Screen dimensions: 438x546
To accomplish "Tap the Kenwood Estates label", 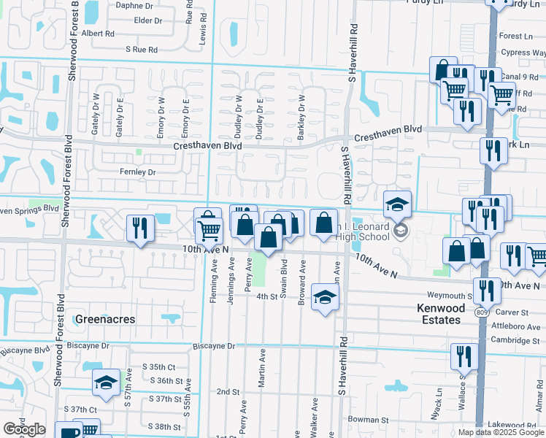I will [440, 314].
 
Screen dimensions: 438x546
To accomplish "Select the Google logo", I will [24, 429].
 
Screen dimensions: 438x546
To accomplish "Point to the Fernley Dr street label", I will [138, 172].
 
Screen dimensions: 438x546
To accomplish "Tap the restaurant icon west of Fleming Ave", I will [139, 228].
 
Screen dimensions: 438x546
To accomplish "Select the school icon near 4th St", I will [325, 296].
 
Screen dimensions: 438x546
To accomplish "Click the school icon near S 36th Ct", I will [106, 383].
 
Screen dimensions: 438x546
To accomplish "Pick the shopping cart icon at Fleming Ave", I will [210, 231].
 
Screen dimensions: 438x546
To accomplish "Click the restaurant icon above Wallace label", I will [464, 356].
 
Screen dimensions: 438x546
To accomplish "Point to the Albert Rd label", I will [99, 34].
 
